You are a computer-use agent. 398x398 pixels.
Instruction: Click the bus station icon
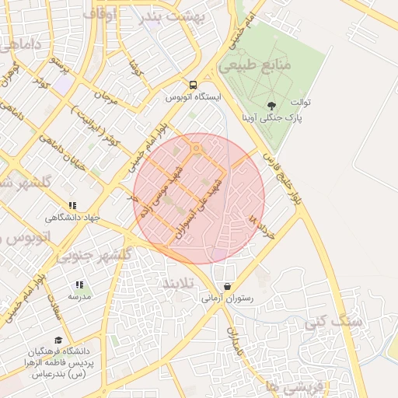coord(193,86)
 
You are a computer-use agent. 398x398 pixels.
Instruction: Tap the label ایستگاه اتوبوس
coord(194,98)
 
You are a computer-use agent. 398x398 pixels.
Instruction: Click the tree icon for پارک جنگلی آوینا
coord(271,106)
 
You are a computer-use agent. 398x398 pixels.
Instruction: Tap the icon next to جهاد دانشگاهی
coord(72,206)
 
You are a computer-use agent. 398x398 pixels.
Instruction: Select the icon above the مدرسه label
coord(79,285)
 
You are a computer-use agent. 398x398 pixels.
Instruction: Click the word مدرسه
coord(79,297)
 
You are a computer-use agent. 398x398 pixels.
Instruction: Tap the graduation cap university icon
coord(59,340)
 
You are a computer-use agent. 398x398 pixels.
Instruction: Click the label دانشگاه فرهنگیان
coord(59,351)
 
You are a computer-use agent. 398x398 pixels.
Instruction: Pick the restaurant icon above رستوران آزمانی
coord(227,286)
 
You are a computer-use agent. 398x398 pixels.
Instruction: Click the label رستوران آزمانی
coord(225,298)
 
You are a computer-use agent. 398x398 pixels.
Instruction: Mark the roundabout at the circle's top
coord(197,147)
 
